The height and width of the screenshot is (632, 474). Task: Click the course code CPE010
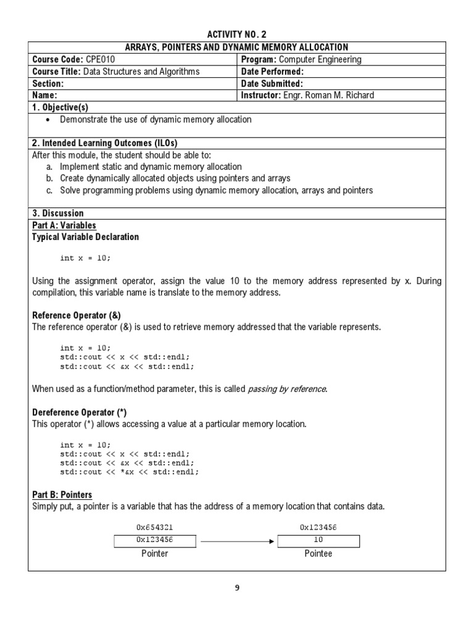tap(98, 59)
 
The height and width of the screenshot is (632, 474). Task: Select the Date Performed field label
tap(272, 72)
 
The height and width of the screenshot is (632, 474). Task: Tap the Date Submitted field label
tap(272, 83)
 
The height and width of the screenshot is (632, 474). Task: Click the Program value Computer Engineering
tap(320, 59)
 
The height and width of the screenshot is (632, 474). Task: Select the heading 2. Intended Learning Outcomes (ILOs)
tap(104, 143)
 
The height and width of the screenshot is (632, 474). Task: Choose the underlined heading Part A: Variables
tap(64, 225)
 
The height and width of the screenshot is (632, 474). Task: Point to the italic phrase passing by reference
tap(287, 388)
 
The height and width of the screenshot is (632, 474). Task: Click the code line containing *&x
tap(130, 472)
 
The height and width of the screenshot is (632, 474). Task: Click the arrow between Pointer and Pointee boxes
tap(236, 541)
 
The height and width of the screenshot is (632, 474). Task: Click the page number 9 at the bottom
tap(236, 588)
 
